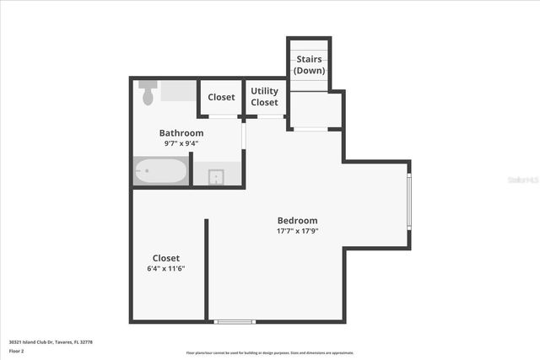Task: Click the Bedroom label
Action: [x=297, y=220]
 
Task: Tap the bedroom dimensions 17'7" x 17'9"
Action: [x=297, y=230]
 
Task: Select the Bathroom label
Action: [x=181, y=133]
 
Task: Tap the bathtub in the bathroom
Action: [x=160, y=171]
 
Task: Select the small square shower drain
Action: [x=216, y=176]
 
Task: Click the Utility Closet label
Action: [x=264, y=97]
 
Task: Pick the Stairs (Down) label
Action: [x=310, y=64]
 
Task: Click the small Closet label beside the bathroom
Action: [x=221, y=97]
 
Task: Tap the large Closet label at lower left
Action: [x=165, y=258]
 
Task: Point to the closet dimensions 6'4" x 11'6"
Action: [x=165, y=268]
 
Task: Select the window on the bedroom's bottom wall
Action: [x=234, y=321]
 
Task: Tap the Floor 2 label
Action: [x=17, y=351]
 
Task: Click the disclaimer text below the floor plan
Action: [x=270, y=352]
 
